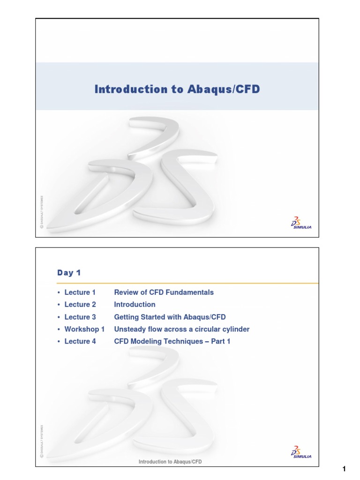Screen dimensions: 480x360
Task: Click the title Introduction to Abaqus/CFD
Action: tap(177, 89)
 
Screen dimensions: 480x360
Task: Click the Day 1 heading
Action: tap(69, 272)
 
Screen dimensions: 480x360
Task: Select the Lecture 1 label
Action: tap(80, 292)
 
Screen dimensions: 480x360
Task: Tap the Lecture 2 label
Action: tap(80, 305)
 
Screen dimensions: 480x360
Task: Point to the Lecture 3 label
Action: tap(80, 317)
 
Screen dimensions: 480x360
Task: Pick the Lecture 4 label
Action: tap(80, 341)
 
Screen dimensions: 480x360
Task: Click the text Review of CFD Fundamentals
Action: tap(164, 292)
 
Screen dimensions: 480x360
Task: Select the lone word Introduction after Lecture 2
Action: tap(135, 305)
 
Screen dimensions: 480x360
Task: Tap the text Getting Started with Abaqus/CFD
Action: tap(170, 317)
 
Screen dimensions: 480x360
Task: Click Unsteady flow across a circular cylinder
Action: tap(182, 329)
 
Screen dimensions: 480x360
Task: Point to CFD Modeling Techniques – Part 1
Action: tap(172, 341)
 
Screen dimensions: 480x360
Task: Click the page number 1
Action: tap(344, 469)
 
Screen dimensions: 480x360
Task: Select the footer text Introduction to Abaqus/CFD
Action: tap(170, 462)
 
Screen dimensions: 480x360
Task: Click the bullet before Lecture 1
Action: tap(59, 293)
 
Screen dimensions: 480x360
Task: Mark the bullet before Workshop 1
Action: tap(59, 330)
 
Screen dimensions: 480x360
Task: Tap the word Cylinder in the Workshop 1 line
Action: tap(236, 329)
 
